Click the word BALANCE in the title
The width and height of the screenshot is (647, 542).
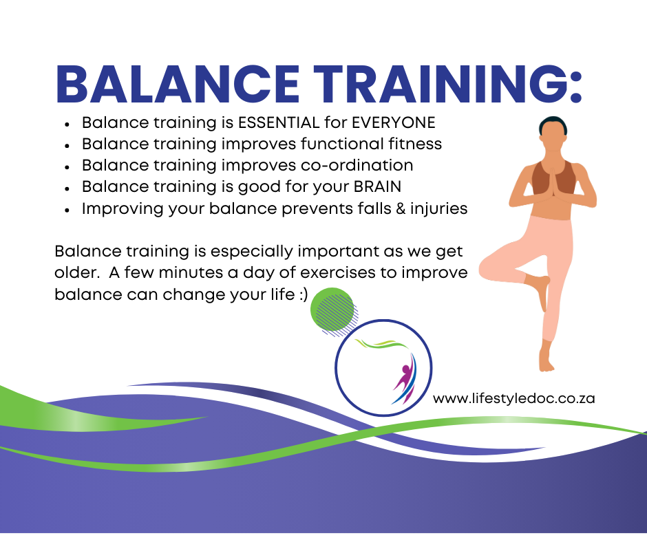(x=178, y=84)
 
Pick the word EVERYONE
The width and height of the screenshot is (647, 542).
(x=393, y=122)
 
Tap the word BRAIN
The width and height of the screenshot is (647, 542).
(x=377, y=186)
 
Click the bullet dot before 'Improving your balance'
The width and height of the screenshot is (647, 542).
(x=67, y=210)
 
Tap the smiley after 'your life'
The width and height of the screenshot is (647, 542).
(x=304, y=295)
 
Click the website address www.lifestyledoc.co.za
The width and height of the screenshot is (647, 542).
(x=513, y=398)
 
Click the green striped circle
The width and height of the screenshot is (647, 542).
(x=333, y=310)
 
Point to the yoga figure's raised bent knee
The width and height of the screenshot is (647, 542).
(x=488, y=268)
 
